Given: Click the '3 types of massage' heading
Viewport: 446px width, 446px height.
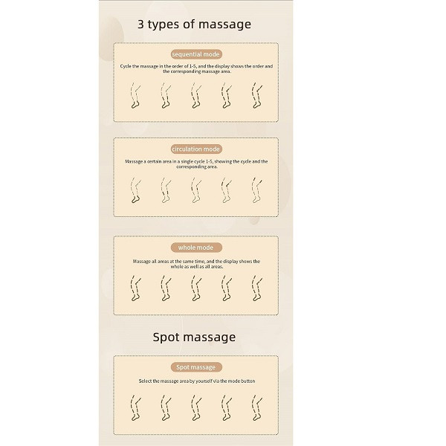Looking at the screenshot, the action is pos(194,25).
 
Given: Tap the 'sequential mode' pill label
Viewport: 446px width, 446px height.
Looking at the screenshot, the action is pos(196,54).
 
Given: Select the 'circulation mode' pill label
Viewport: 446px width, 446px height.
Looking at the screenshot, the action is pos(196,149).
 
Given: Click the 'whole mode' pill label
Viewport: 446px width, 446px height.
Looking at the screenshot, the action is pos(196,248).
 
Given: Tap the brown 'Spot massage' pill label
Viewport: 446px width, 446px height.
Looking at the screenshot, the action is pos(196,367).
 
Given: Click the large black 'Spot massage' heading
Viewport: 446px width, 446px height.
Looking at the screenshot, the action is pos(194,337).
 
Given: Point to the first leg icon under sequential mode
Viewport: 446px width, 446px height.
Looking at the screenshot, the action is pos(135,96).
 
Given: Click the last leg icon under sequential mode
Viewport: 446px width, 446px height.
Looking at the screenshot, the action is pos(257,96).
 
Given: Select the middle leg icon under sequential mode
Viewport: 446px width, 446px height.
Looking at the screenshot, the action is pos(196,96).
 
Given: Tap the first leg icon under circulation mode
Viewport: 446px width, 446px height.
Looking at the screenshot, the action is pos(135,190).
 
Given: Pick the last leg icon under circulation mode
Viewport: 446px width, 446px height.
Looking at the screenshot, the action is pos(257,190).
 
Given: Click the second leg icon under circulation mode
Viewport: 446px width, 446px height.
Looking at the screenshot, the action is pos(166,190).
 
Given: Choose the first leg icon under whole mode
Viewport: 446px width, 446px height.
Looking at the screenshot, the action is pos(135,288).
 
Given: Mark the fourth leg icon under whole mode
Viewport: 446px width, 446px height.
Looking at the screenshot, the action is pos(227,288).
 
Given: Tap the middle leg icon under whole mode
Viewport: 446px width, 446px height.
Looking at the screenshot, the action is pos(196,288).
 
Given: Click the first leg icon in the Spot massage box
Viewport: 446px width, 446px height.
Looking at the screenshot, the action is pos(135,407).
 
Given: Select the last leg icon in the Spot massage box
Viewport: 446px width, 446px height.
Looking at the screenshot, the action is pos(257,407).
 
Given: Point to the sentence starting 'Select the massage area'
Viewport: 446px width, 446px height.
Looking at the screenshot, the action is pos(197,381).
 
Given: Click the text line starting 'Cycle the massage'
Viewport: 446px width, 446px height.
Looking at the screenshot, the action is pos(196,66).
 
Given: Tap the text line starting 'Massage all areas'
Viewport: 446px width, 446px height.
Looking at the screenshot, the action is pos(196,262).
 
